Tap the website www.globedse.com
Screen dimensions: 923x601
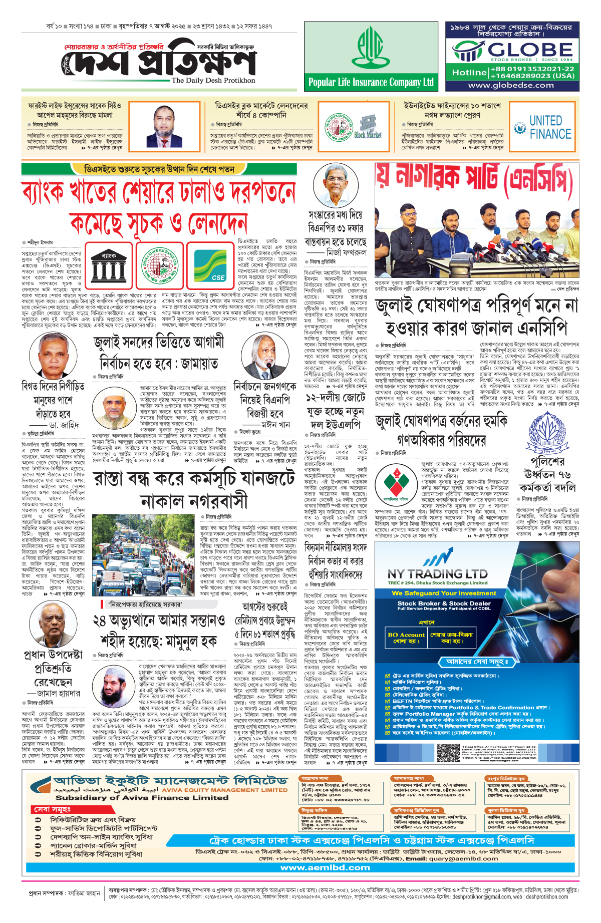(511, 85)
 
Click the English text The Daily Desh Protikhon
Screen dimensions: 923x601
(213, 80)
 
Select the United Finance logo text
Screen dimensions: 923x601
(550, 127)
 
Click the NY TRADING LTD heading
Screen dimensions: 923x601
(437, 573)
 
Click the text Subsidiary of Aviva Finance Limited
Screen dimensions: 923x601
(142, 797)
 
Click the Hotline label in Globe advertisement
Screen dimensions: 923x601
(469, 73)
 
